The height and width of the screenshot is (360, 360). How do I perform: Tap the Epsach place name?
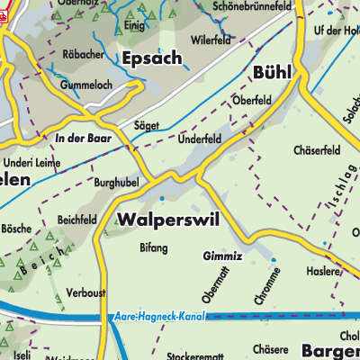(150, 58)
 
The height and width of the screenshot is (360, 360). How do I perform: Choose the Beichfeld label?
(76, 219)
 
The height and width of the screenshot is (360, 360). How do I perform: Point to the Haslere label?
(322, 271)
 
